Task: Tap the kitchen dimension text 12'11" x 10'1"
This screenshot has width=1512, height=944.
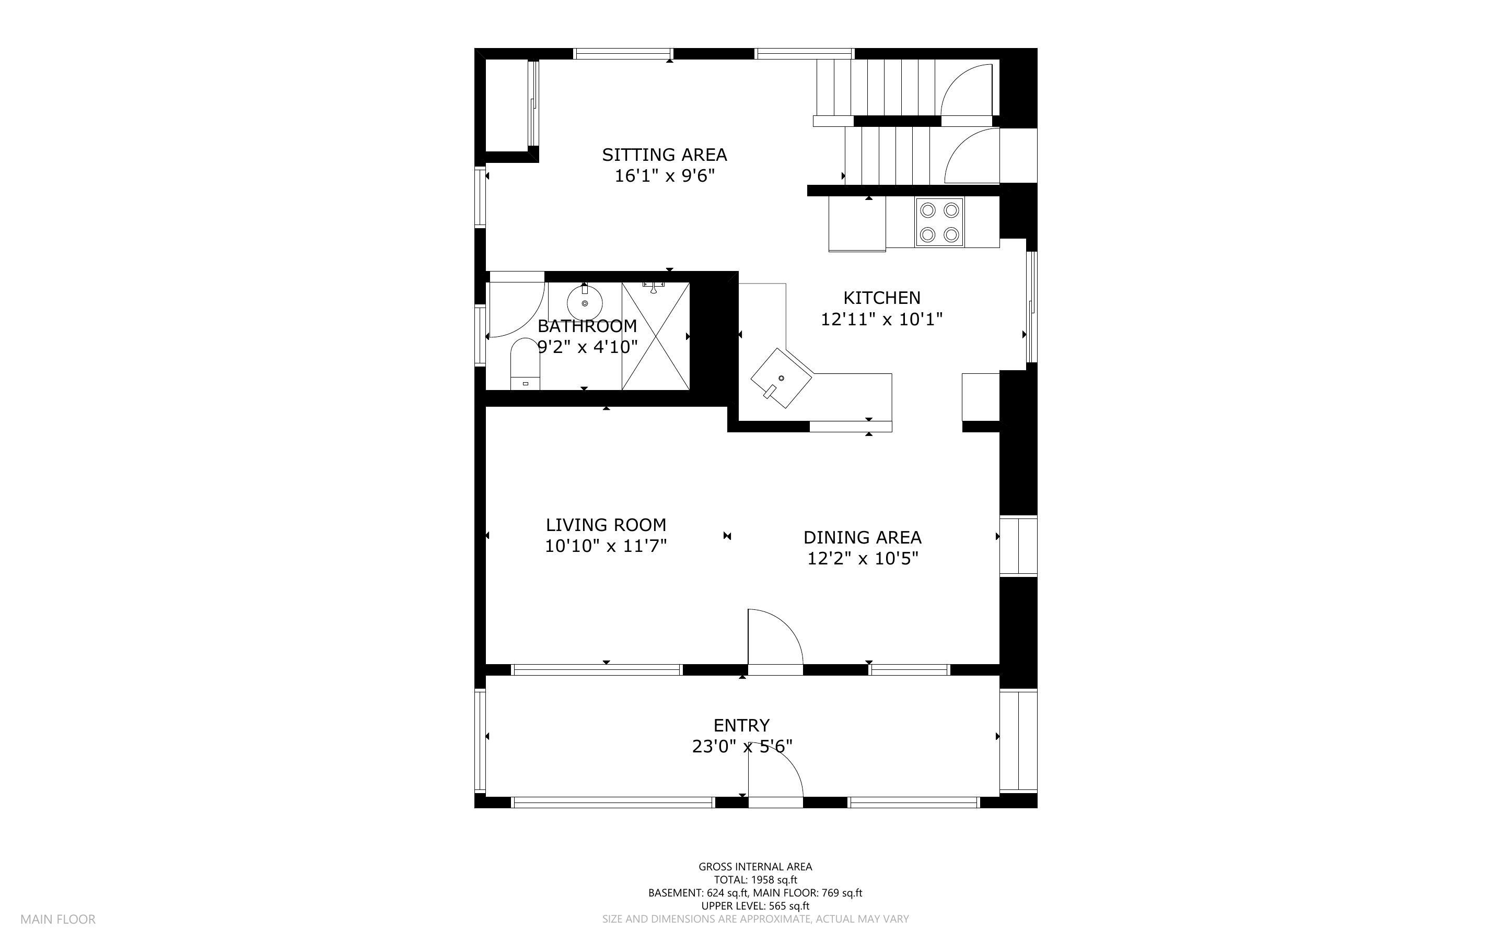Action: [x=881, y=320]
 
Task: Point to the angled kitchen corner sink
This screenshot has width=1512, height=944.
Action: [x=781, y=377]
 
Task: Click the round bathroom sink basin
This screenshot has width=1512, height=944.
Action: [x=585, y=303]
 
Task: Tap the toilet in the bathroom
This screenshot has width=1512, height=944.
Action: [x=525, y=364]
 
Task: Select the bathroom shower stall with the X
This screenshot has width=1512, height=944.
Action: [x=656, y=336]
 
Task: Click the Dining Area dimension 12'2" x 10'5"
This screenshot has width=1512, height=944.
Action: [x=863, y=558]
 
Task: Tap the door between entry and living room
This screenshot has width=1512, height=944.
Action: [x=775, y=642]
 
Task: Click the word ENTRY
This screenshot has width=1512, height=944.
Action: [x=741, y=725]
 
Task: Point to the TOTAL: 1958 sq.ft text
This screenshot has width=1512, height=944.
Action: [x=755, y=880]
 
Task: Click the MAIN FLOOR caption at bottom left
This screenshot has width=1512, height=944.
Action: [x=58, y=919]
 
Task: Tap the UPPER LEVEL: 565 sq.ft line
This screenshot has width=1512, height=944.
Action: [x=755, y=906]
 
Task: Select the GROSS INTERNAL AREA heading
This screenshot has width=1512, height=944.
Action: [x=755, y=867]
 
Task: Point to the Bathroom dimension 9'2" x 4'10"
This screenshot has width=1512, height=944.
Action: [x=587, y=347]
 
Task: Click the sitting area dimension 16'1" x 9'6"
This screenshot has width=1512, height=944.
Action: [x=665, y=176]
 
